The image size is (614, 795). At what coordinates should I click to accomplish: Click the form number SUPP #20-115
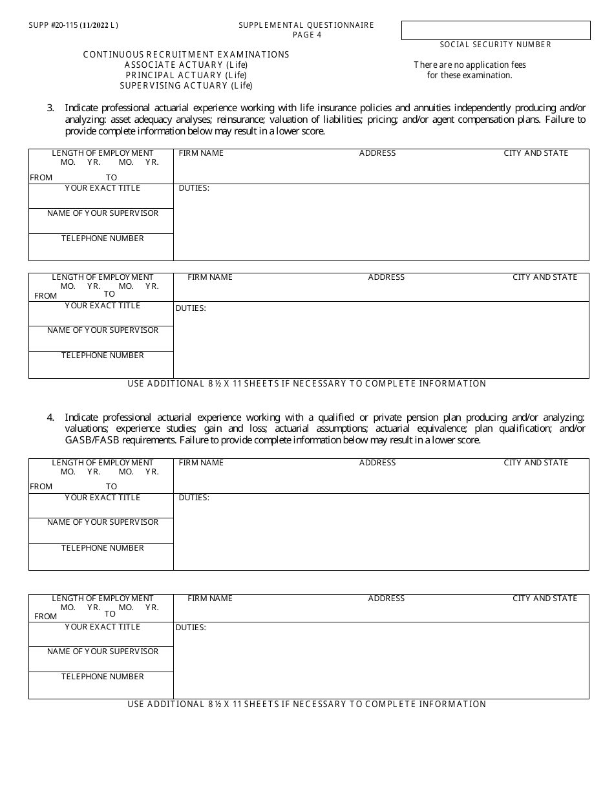(x=53, y=25)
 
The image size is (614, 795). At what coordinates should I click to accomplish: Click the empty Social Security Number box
(x=496, y=30)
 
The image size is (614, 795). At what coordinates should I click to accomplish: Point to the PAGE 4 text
(x=306, y=35)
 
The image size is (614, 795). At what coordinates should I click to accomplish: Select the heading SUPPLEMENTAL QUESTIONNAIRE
(x=306, y=25)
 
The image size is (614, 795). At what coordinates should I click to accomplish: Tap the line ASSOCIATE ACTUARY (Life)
(x=186, y=65)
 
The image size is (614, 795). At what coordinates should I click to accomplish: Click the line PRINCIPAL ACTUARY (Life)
(x=186, y=75)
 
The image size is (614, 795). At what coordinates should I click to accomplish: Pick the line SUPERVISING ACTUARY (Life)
(x=186, y=85)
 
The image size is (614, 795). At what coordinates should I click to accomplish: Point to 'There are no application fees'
(x=470, y=65)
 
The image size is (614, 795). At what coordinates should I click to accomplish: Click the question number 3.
(x=50, y=108)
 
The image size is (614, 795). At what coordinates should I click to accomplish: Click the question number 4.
(x=50, y=418)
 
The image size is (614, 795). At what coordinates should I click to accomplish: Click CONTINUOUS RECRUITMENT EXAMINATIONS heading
(x=186, y=54)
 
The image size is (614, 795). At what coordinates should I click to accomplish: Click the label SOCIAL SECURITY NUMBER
(x=496, y=45)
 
